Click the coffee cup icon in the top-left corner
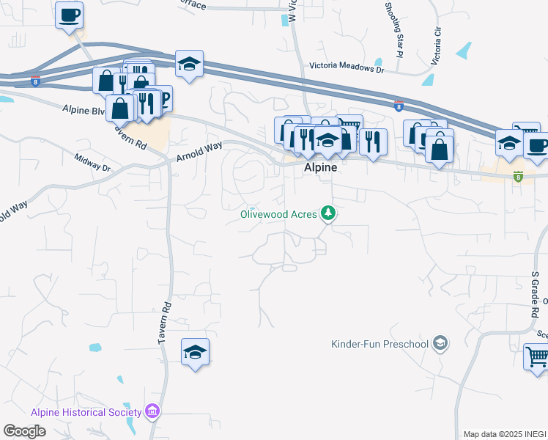click(x=69, y=15)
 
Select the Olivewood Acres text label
click(x=279, y=214)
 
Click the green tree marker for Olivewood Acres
click(x=329, y=213)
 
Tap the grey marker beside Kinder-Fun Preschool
click(x=440, y=343)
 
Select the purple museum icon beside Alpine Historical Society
click(x=152, y=411)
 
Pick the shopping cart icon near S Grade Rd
click(x=537, y=357)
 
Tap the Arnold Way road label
click(x=199, y=151)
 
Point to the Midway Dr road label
click(x=92, y=162)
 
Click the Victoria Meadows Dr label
click(x=347, y=66)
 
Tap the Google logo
click(x=24, y=431)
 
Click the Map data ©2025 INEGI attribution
click(x=505, y=434)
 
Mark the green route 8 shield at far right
click(x=519, y=176)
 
